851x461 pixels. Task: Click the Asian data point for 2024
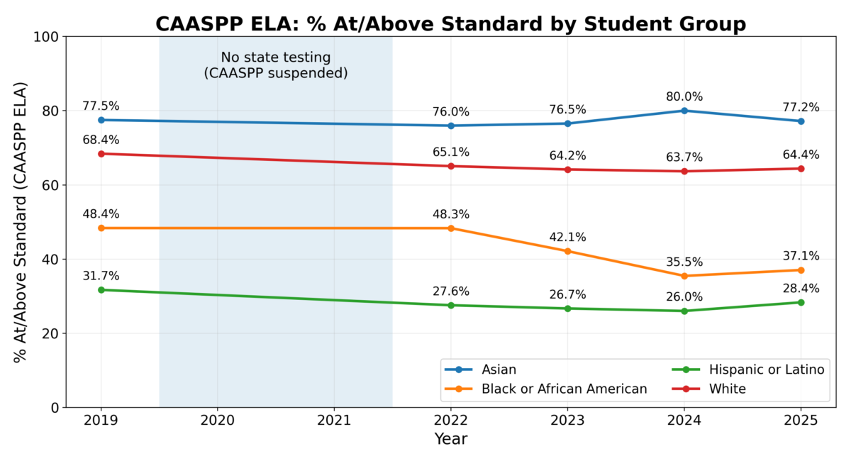[684, 111]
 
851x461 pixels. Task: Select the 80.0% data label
[684, 96]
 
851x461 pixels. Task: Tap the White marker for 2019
[101, 153]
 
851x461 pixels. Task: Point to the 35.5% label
[684, 262]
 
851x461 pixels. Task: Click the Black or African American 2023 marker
[568, 251]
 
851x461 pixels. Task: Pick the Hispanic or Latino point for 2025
[801, 302]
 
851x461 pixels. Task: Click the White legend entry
[727, 389]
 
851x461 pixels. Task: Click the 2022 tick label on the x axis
[451, 421]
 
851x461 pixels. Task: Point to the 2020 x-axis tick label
[218, 421]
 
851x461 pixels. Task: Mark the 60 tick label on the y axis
[49, 185]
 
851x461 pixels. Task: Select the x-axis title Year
[451, 439]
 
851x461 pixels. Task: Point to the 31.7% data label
[101, 276]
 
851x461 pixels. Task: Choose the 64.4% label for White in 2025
[801, 155]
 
